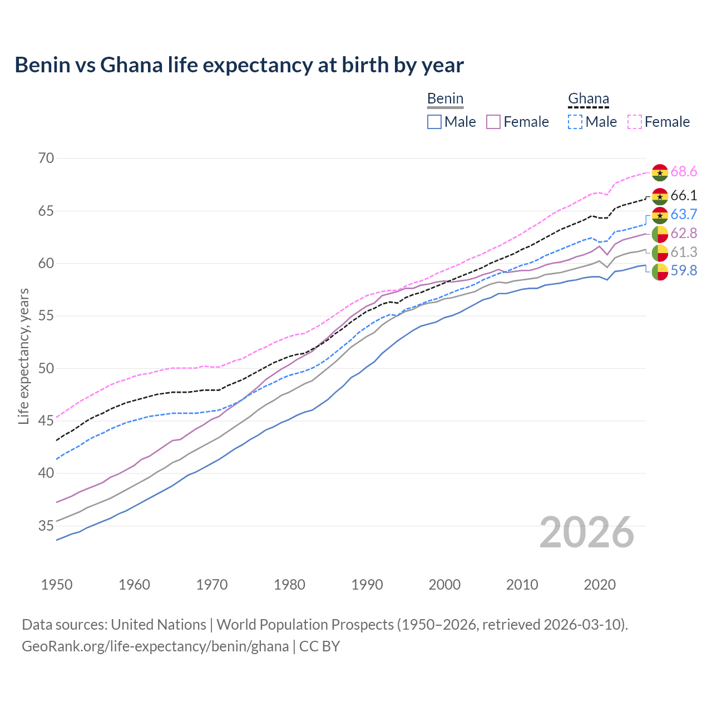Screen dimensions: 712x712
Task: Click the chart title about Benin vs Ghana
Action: (x=239, y=65)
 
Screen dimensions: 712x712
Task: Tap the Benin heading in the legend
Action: (x=445, y=99)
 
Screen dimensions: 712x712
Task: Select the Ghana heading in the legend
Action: (x=589, y=99)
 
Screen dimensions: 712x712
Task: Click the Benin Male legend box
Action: (x=434, y=122)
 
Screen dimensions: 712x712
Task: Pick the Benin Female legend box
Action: (x=493, y=122)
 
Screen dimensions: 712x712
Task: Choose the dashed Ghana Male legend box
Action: (x=575, y=122)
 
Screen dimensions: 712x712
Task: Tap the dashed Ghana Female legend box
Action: (x=635, y=122)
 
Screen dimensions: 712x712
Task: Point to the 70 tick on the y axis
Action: (x=46, y=159)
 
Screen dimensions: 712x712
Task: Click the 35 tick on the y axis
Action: (x=46, y=526)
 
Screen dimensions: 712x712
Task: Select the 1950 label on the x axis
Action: (x=57, y=585)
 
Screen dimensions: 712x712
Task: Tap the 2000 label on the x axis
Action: (x=444, y=585)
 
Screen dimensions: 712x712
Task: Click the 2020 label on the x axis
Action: (x=600, y=585)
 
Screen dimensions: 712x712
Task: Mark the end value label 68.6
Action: (x=684, y=172)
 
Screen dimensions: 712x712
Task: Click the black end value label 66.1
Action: (x=684, y=196)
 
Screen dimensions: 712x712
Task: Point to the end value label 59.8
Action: (x=684, y=271)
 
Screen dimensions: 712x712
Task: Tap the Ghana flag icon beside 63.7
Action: (x=660, y=215)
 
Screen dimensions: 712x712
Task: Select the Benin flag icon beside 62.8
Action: (x=660, y=234)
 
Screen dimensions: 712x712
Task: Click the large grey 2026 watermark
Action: (x=587, y=533)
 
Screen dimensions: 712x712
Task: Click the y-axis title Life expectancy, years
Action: (x=23, y=356)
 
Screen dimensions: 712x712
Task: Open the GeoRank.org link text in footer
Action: (x=155, y=646)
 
